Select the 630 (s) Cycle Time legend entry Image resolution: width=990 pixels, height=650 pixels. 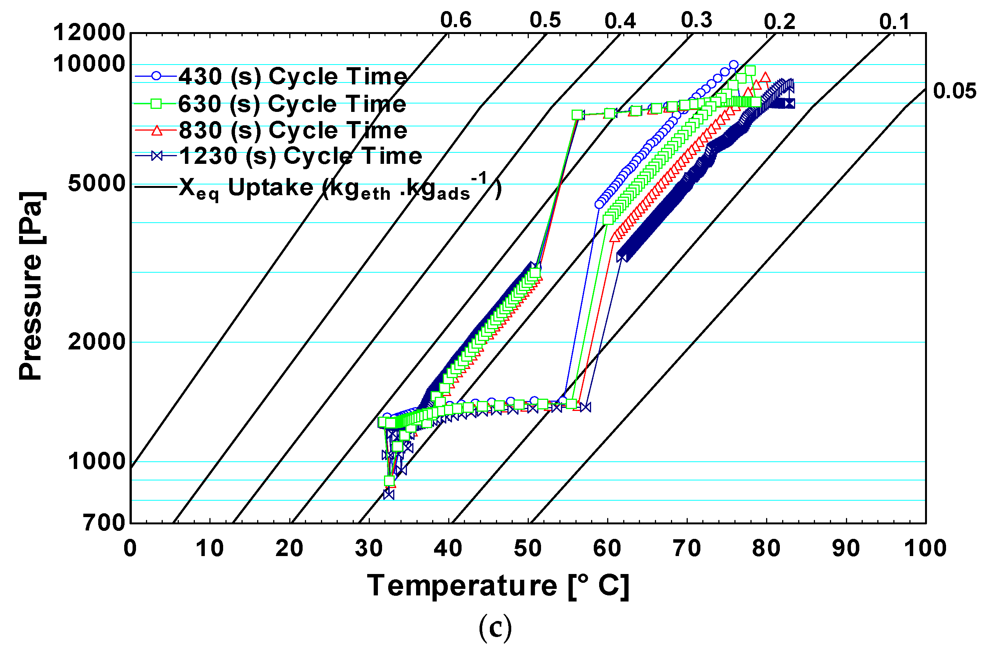tap(292, 103)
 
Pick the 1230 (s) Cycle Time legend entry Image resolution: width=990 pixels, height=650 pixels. tap(300, 156)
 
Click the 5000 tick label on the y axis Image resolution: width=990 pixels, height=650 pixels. tap(97, 183)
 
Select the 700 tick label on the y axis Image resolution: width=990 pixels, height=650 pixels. tap(104, 523)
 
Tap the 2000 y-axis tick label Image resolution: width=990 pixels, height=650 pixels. tap(97, 342)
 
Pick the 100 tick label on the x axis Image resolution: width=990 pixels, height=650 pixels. tap(925, 548)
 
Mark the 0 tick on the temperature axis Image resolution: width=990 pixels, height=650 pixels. tap(130, 548)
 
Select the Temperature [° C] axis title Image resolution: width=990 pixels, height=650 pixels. tap(497, 586)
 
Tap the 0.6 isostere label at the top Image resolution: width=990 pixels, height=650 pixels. tap(455, 20)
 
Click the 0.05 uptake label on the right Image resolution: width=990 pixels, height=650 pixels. tap(954, 91)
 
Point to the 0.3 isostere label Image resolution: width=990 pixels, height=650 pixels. tap(696, 20)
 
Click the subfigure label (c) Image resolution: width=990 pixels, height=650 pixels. tap(495, 627)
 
